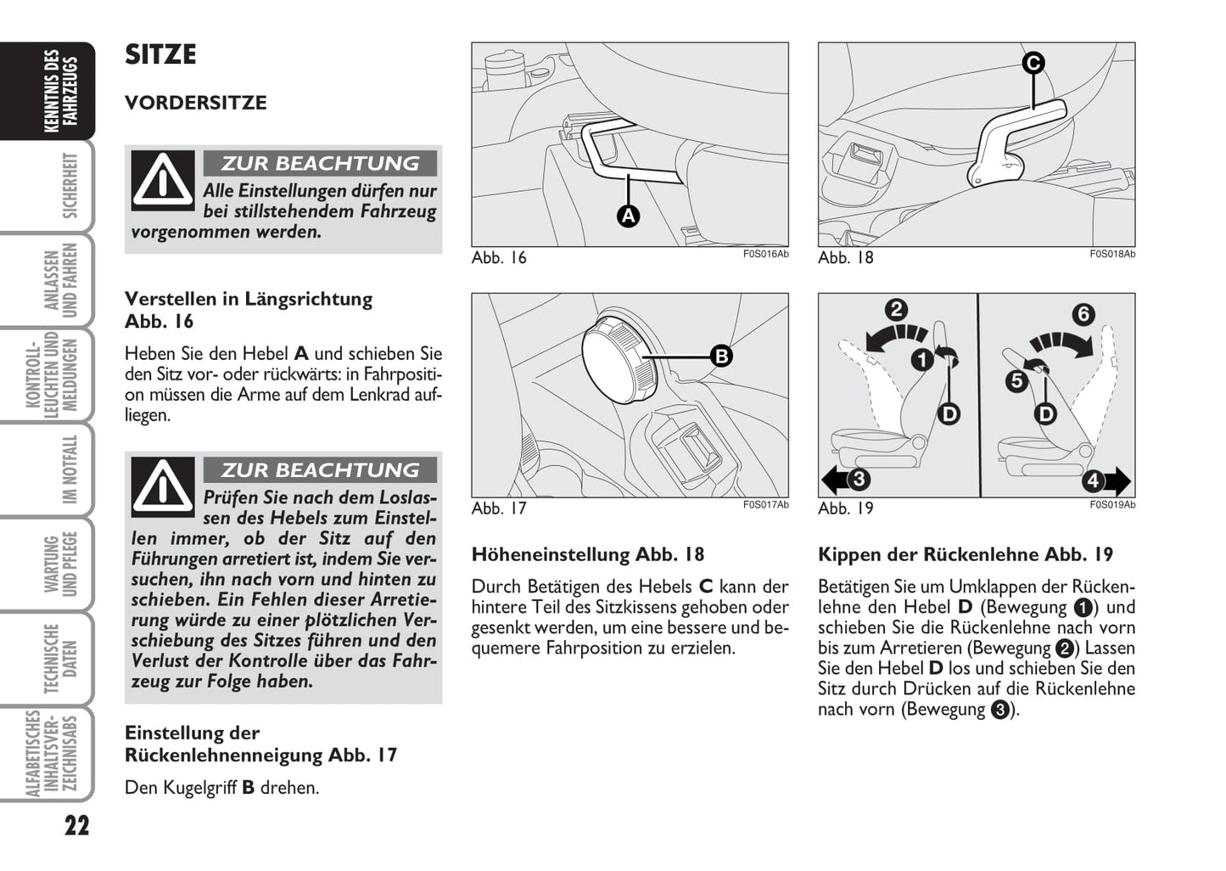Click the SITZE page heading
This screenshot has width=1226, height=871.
pos(160,55)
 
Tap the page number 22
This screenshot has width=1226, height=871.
pos(76,825)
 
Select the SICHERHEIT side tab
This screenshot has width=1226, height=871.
pos(70,186)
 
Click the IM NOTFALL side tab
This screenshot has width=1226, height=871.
pos(70,469)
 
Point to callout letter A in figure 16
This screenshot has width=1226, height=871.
pos(628,216)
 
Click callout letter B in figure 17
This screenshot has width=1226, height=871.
pos(720,356)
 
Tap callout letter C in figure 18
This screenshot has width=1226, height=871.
pos(1033,63)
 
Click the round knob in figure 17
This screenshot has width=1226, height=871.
pos(617,359)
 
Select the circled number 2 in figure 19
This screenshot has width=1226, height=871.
pos(896,309)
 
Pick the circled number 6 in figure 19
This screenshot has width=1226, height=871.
pos(1083,314)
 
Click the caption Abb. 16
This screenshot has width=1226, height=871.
pos(499,258)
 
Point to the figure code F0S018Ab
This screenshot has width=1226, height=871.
pos(1111,254)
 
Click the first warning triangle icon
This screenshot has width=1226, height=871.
pos(162,180)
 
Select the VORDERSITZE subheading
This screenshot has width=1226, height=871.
pos(195,103)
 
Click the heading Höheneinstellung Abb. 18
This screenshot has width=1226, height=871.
pos(588,554)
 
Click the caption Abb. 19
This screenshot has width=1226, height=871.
pos(845,509)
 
